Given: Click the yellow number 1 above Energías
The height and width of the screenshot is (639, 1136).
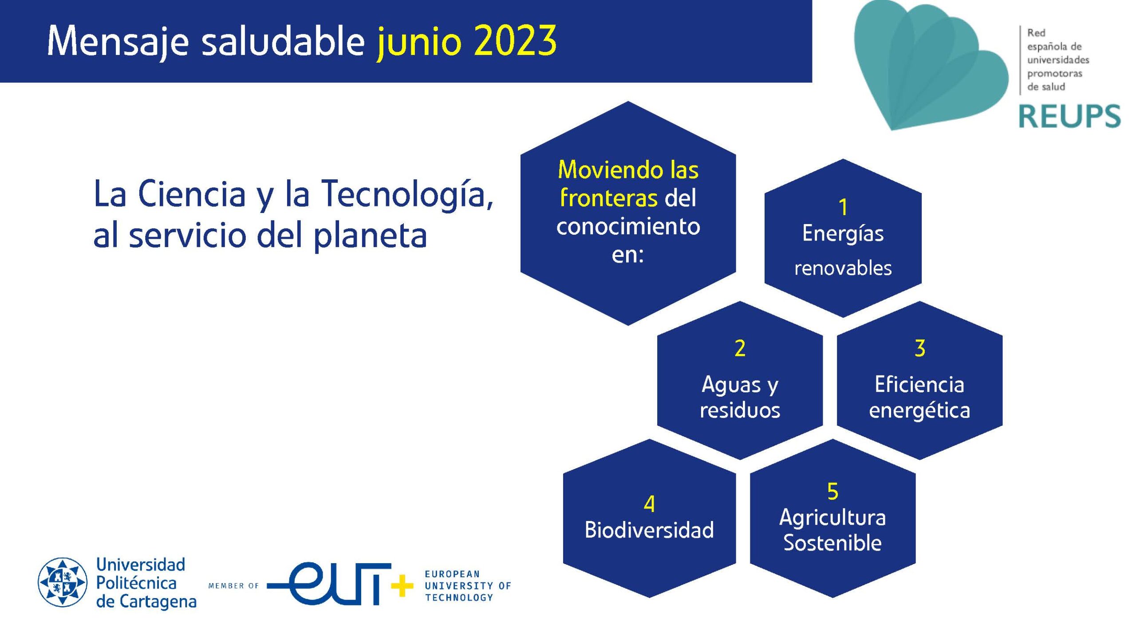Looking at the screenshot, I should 843,207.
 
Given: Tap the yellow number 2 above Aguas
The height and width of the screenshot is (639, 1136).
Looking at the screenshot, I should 740,348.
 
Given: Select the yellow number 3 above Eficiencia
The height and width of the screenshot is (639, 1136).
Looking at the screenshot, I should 920,348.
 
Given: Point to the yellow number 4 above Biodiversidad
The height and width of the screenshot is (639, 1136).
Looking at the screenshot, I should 649,504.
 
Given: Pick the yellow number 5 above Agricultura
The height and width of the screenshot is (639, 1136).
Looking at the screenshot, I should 832,492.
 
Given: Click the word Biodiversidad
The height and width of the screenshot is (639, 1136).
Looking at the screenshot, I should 649,530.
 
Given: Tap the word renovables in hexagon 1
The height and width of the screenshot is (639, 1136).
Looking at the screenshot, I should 843,268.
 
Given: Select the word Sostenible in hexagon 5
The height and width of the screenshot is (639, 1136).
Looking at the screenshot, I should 832,543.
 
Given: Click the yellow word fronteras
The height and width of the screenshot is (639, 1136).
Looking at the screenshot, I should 608,198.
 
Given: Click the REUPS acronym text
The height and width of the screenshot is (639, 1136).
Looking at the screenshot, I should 1069,116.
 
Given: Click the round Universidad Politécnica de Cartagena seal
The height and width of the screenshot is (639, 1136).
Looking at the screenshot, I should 63,582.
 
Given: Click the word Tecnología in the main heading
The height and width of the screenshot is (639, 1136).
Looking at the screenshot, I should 406,194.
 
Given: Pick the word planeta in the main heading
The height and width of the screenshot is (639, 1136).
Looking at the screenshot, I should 370,236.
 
